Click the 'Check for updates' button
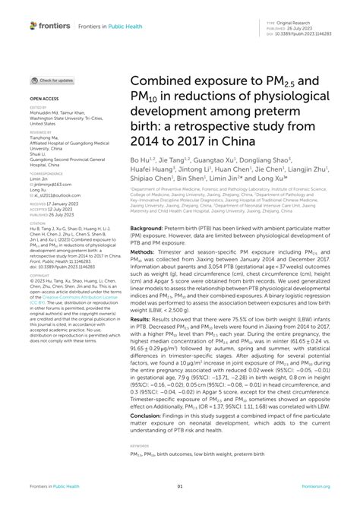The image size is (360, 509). pyautogui.click(x=52, y=80)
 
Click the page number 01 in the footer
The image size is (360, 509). pyautogui.click(x=180, y=487)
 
